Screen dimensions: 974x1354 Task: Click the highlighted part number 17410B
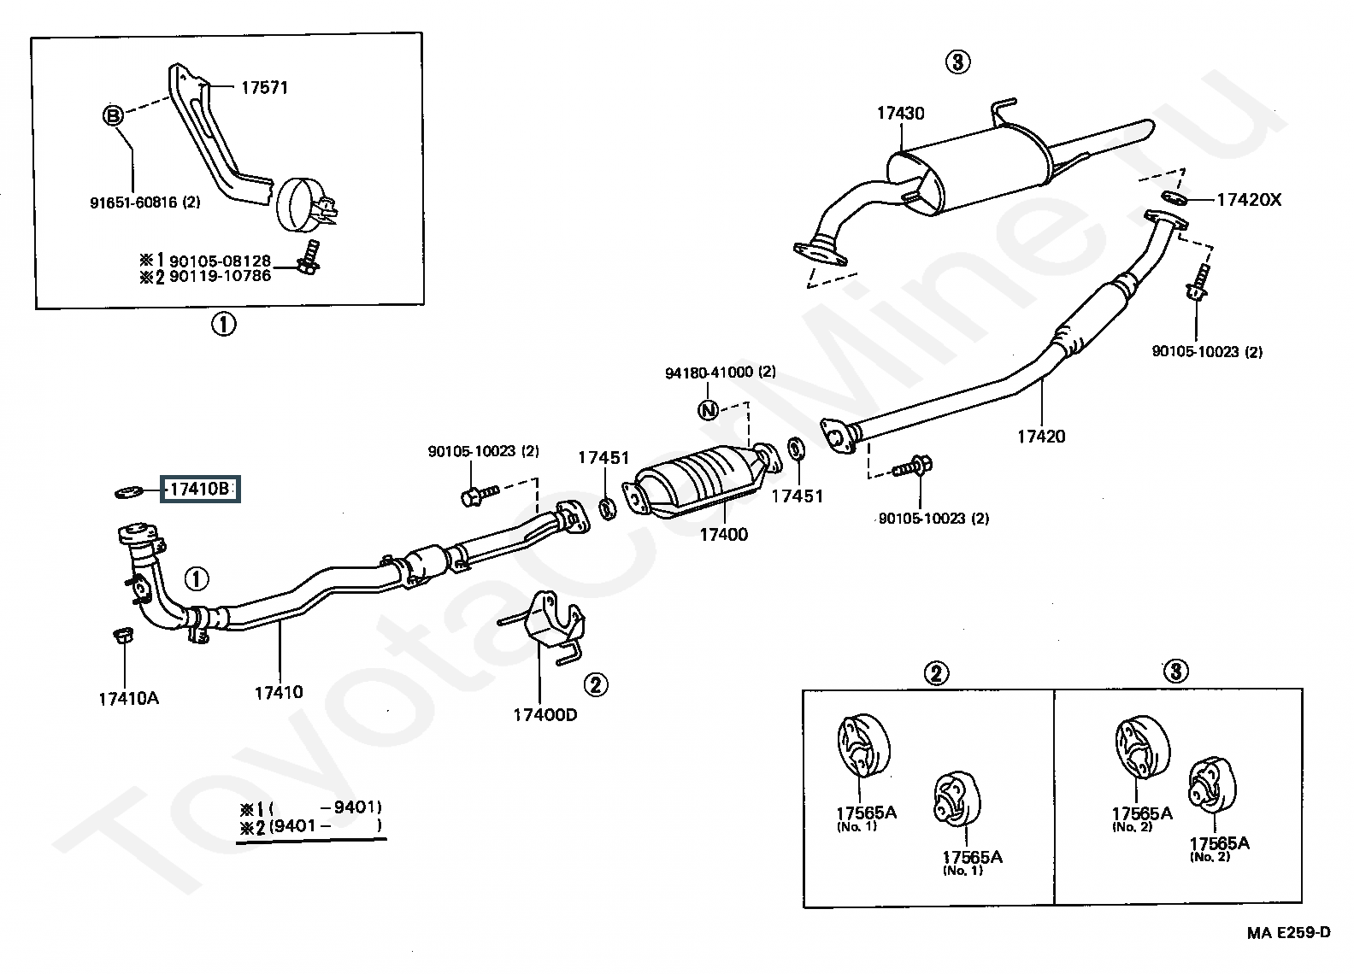point(199,490)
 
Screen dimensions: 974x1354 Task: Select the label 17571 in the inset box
point(264,87)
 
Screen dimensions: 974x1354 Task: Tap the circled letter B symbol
point(114,116)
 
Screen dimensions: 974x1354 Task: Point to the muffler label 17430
point(900,113)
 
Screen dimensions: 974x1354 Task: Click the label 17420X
point(1249,200)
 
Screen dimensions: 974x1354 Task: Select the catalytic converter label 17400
point(723,534)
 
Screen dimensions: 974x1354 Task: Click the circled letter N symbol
point(708,411)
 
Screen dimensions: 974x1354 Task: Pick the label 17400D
point(545,713)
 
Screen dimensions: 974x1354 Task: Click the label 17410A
point(128,698)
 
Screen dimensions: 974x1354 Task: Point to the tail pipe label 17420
point(1041,437)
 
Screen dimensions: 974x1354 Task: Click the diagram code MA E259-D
point(1287,932)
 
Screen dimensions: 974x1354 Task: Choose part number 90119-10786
point(220,276)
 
